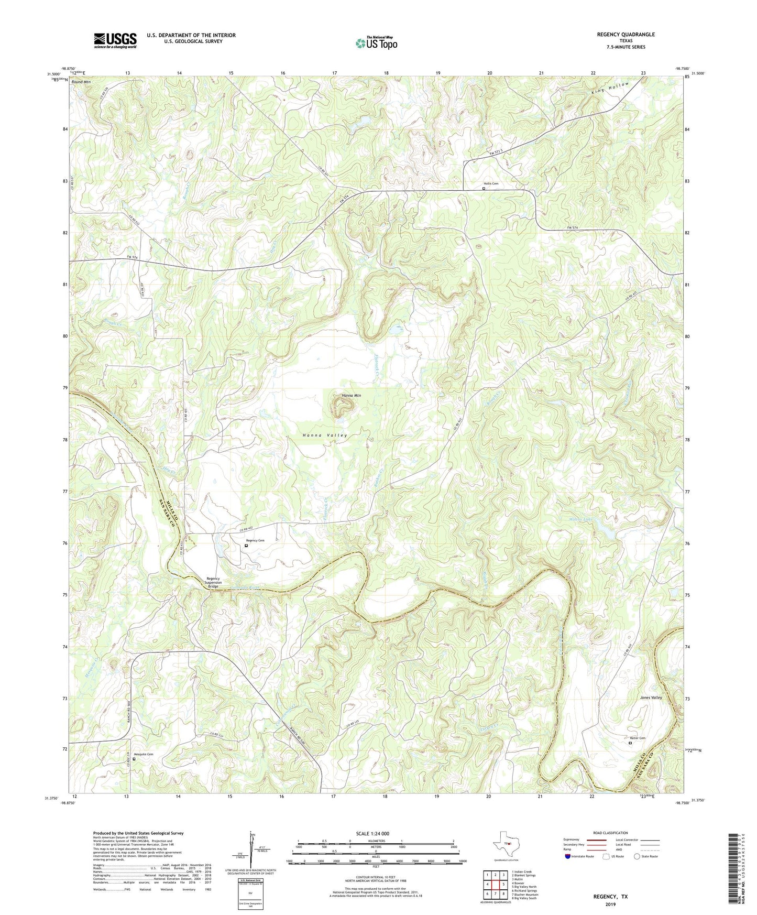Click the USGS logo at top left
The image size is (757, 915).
(x=115, y=40)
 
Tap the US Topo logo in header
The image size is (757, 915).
(x=376, y=43)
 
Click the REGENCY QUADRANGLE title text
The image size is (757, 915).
(x=626, y=35)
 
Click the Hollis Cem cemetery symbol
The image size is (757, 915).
(x=484, y=189)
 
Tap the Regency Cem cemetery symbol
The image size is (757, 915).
(x=246, y=546)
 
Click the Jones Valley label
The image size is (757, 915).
(x=651, y=698)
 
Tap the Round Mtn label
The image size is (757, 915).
(x=81, y=82)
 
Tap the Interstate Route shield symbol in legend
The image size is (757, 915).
(x=568, y=856)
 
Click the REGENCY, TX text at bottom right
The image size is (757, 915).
(x=610, y=897)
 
